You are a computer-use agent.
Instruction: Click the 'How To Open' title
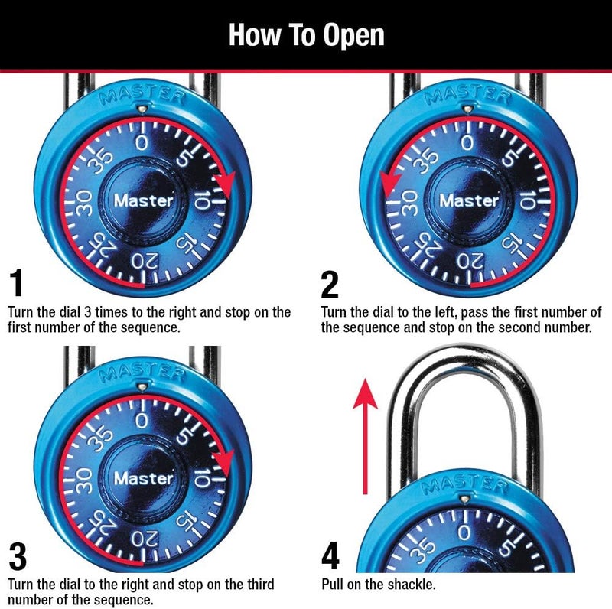pos(306,35)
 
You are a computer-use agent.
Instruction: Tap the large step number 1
pos(17,284)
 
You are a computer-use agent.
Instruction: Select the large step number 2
pos(330,285)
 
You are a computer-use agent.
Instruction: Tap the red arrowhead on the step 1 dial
pos(223,183)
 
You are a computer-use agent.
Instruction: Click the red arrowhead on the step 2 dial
pos(391,182)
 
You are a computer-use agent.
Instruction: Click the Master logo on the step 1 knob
pos(144,201)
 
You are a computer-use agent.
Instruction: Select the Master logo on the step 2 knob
pos(469,201)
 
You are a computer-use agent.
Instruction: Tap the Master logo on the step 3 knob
pos(144,478)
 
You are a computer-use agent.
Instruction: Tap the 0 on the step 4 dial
pos(465,533)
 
